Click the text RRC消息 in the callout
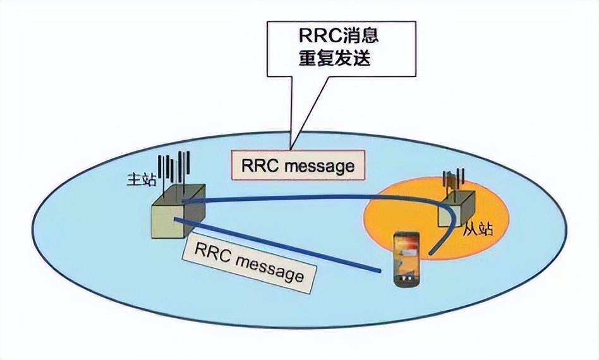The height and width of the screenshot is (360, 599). click(342, 35)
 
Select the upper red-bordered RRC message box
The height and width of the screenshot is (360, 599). click(298, 165)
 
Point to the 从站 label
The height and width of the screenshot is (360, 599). click(477, 230)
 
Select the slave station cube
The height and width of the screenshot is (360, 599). click(456, 208)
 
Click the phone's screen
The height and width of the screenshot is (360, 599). click(405, 255)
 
